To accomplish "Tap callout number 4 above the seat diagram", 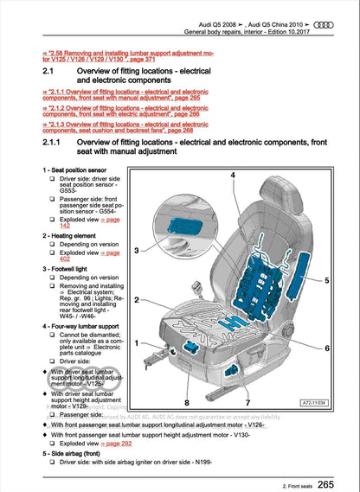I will (x=234, y=176).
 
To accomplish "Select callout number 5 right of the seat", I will (x=326, y=281).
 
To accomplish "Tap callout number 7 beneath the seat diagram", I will (x=247, y=402).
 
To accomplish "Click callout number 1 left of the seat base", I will (x=137, y=342).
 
